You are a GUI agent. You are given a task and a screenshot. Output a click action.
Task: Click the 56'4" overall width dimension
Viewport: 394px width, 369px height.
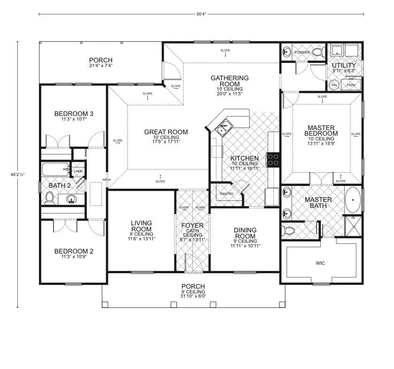[x=200, y=14]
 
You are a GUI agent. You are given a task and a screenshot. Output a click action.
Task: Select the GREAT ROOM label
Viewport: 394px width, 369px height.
[x=166, y=132]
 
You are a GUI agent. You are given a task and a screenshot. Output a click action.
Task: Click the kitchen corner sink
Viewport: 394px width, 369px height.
[x=224, y=126]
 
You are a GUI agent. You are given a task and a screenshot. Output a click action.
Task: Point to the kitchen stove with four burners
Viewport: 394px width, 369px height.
[x=273, y=160]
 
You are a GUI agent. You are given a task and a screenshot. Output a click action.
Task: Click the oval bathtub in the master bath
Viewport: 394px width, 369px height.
[x=353, y=200]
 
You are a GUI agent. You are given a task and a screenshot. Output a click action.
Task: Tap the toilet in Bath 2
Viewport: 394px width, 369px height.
[x=49, y=197]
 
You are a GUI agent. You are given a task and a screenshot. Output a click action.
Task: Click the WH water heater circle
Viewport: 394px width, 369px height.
[x=334, y=85]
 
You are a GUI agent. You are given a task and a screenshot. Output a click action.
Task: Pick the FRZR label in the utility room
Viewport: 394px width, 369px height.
[x=351, y=85]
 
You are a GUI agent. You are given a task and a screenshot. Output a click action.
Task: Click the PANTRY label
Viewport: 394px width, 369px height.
[x=227, y=194]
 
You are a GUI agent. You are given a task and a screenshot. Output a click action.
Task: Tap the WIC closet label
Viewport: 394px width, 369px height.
[x=320, y=263]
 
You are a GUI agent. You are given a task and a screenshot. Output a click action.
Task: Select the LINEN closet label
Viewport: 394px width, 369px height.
[x=78, y=171]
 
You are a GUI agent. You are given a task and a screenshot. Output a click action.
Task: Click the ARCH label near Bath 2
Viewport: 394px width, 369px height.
[x=106, y=180]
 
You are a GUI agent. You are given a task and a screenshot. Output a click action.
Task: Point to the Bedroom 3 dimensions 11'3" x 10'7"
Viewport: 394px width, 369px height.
[x=74, y=119]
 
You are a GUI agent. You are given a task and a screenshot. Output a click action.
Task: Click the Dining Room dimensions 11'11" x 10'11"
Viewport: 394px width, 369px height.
[x=245, y=246]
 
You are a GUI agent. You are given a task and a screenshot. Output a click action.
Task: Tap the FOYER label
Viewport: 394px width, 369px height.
[x=192, y=225]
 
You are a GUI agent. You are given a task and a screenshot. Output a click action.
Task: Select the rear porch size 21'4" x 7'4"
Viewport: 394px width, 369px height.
[x=101, y=66]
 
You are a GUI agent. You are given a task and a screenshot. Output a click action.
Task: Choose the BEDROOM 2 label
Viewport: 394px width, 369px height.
[x=74, y=251]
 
